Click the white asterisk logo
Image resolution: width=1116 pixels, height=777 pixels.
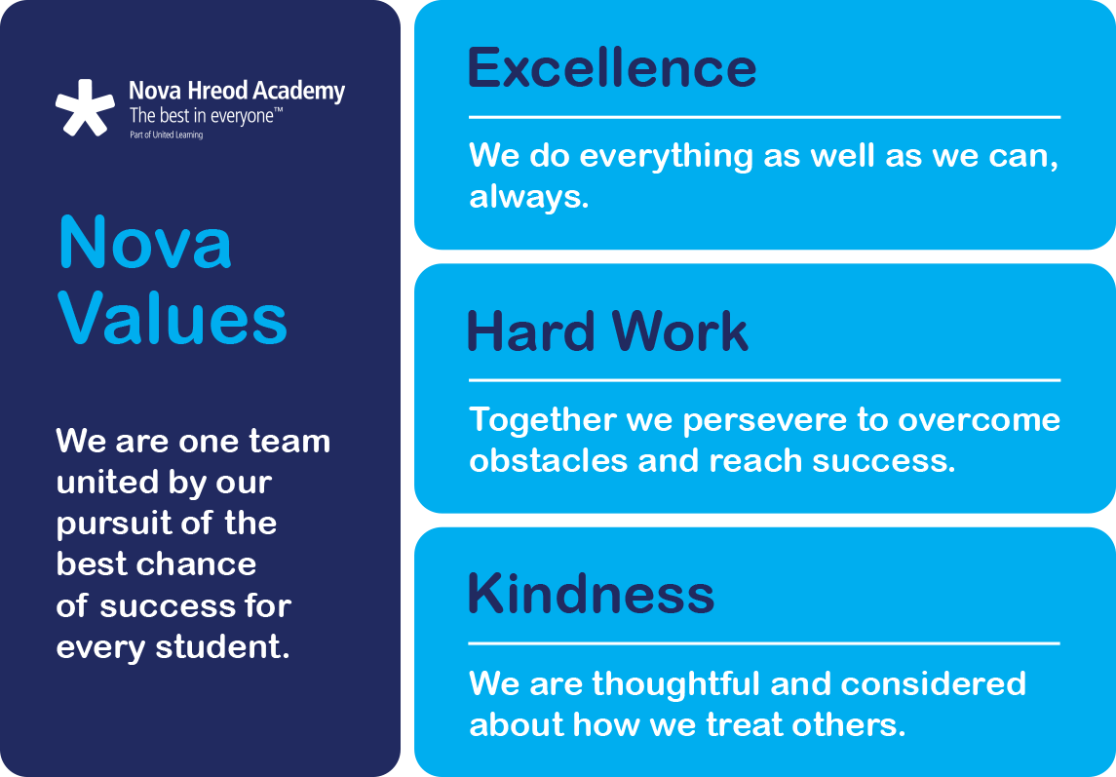pyautogui.click(x=85, y=108)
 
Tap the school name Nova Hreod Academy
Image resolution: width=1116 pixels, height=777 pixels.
pyautogui.click(x=237, y=93)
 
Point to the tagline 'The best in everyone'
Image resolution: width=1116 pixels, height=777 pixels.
pyautogui.click(x=206, y=117)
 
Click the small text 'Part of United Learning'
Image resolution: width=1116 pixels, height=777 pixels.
pyautogui.click(x=166, y=135)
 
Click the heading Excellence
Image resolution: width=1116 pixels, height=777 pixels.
pyautogui.click(x=611, y=68)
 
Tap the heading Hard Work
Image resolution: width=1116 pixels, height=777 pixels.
pyautogui.click(x=607, y=332)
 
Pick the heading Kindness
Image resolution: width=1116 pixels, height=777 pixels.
pyautogui.click(x=591, y=594)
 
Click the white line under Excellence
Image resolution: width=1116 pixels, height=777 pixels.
pyautogui.click(x=764, y=117)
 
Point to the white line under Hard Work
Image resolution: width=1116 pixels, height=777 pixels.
pyautogui.click(x=764, y=380)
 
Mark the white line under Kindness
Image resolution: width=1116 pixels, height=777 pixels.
pyautogui.click(x=764, y=643)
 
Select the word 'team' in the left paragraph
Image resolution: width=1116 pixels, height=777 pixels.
pyautogui.click(x=290, y=441)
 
